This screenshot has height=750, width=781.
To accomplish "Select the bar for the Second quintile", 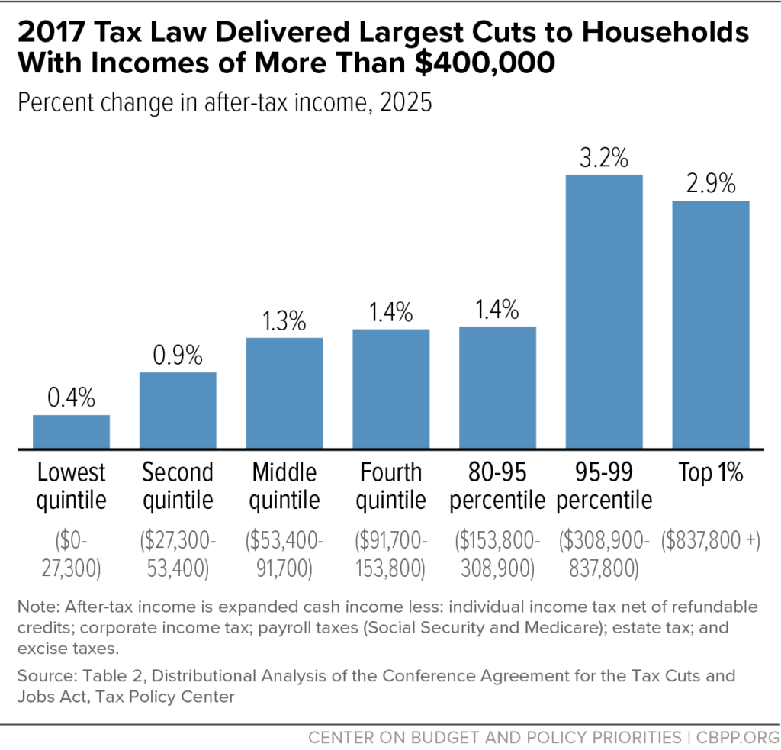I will click(178, 410).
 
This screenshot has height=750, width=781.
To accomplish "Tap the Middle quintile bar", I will click(284, 392).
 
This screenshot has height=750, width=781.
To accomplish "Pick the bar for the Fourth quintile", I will click(391, 388).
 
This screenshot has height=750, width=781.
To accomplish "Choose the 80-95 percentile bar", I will click(497, 387).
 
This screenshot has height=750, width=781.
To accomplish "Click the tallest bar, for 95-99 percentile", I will click(604, 311).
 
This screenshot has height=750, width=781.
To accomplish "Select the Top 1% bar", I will click(711, 324).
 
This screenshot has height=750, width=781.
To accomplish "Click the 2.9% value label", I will click(711, 185).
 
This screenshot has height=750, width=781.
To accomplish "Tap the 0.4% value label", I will click(71, 398).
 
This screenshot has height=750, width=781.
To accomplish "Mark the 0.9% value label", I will click(178, 356).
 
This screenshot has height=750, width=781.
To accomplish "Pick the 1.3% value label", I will click(284, 320).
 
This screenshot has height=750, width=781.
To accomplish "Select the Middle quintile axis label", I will click(284, 487).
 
